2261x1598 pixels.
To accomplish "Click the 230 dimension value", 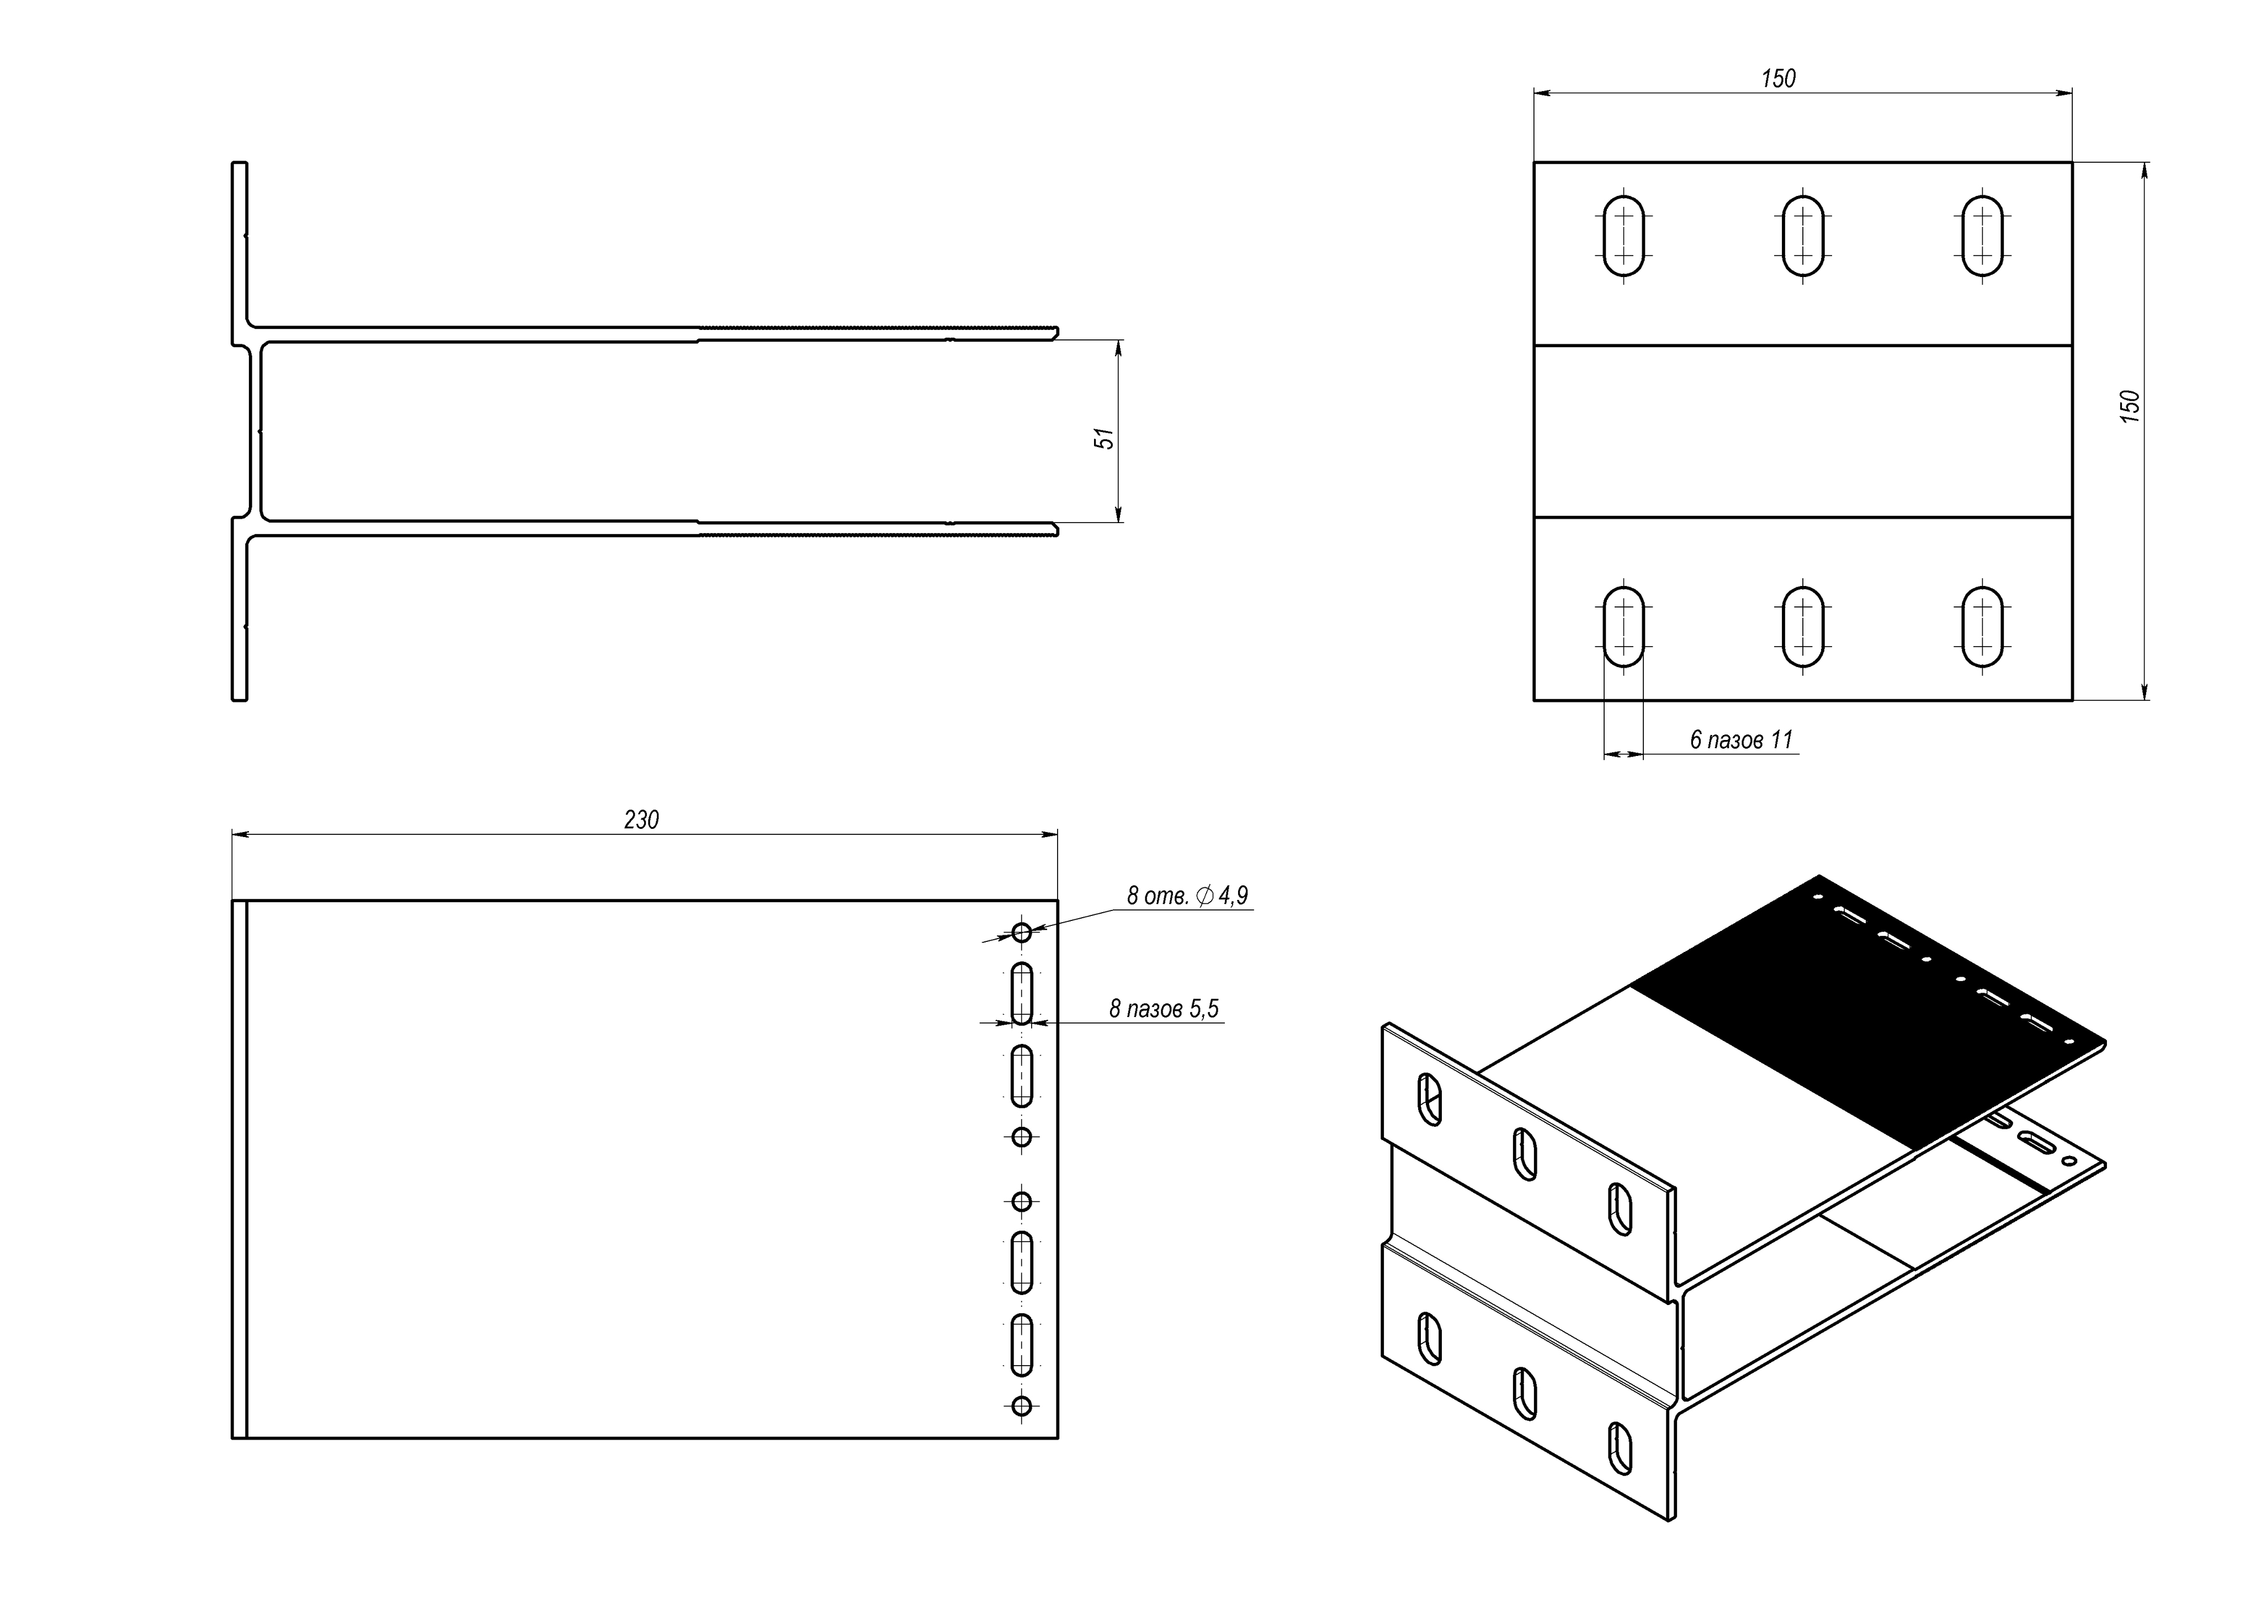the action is click(x=641, y=819).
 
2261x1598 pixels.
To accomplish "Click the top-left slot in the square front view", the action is click(x=1624, y=236).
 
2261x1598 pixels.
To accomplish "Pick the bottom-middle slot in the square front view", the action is click(x=1803, y=627).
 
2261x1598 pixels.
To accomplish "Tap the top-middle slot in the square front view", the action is click(x=1803, y=236).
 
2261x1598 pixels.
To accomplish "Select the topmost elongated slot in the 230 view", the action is click(x=1022, y=994).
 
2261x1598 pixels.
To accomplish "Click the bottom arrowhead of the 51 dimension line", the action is click(x=1119, y=514).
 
